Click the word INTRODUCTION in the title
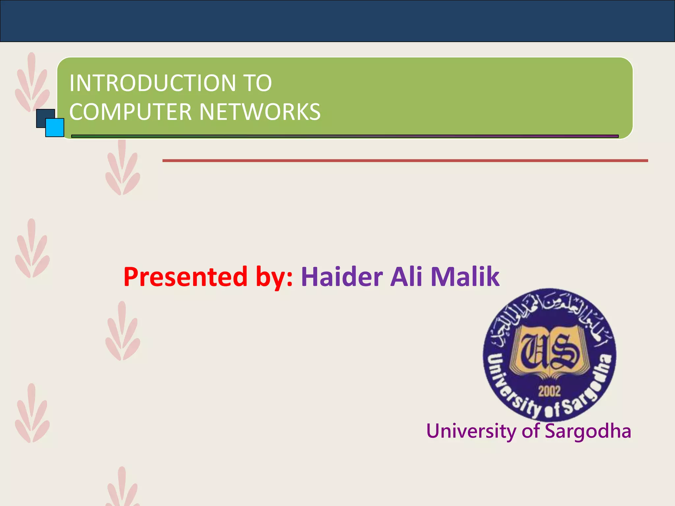[152, 83]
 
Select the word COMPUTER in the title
[131, 112]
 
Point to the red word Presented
[185, 277]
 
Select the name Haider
[342, 277]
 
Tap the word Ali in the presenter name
[406, 277]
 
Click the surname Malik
[465, 277]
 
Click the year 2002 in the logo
[549, 391]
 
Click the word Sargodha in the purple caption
[588, 431]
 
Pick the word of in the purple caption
[531, 431]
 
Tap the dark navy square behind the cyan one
[42, 115]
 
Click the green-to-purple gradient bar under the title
[345, 136]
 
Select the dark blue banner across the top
[337, 20]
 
